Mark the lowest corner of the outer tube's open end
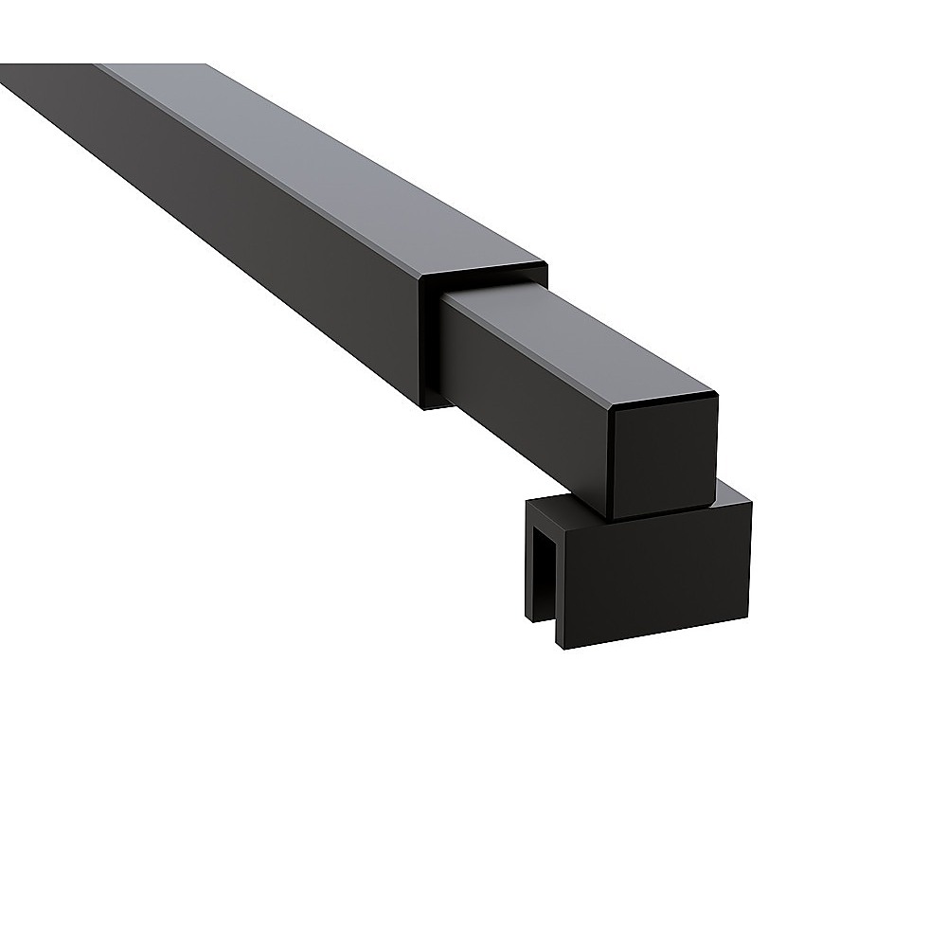(x=422, y=407)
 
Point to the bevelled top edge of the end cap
(x=663, y=398)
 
